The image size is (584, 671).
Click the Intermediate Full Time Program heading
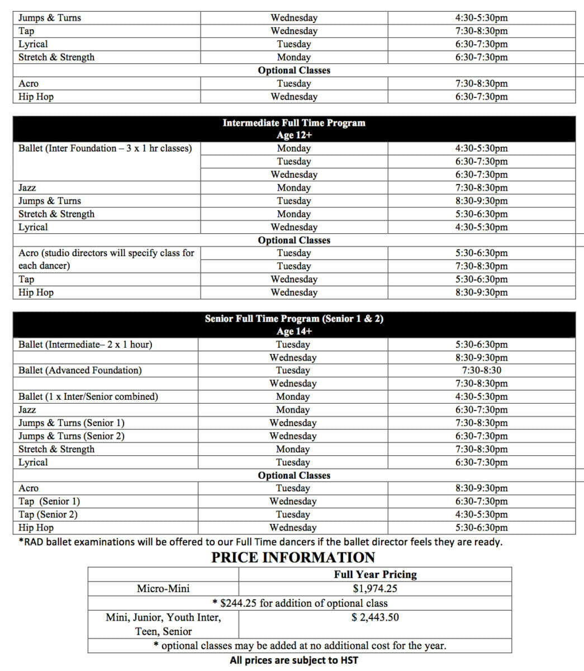click(294, 123)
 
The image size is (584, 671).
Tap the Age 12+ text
click(294, 135)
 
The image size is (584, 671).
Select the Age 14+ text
click(294, 332)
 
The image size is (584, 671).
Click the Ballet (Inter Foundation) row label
click(105, 149)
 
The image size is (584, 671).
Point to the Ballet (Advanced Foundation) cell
click(80, 371)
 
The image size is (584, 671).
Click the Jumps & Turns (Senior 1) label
click(72, 423)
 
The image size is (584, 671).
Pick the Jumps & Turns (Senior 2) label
click(72, 436)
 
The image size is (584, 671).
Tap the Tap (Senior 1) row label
click(49, 502)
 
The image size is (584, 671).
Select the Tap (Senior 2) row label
click(48, 514)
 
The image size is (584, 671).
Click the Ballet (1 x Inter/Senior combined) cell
click(88, 397)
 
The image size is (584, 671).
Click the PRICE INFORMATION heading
click(293, 557)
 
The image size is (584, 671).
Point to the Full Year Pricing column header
click(375, 575)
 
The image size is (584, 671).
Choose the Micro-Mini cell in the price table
click(163, 589)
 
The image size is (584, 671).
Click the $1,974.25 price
click(375, 589)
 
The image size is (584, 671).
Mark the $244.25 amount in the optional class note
click(239, 603)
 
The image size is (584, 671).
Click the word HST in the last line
click(348, 660)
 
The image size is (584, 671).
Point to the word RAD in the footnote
click(34, 542)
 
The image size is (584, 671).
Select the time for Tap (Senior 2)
click(481, 514)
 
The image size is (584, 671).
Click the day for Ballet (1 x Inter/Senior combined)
click(293, 397)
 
